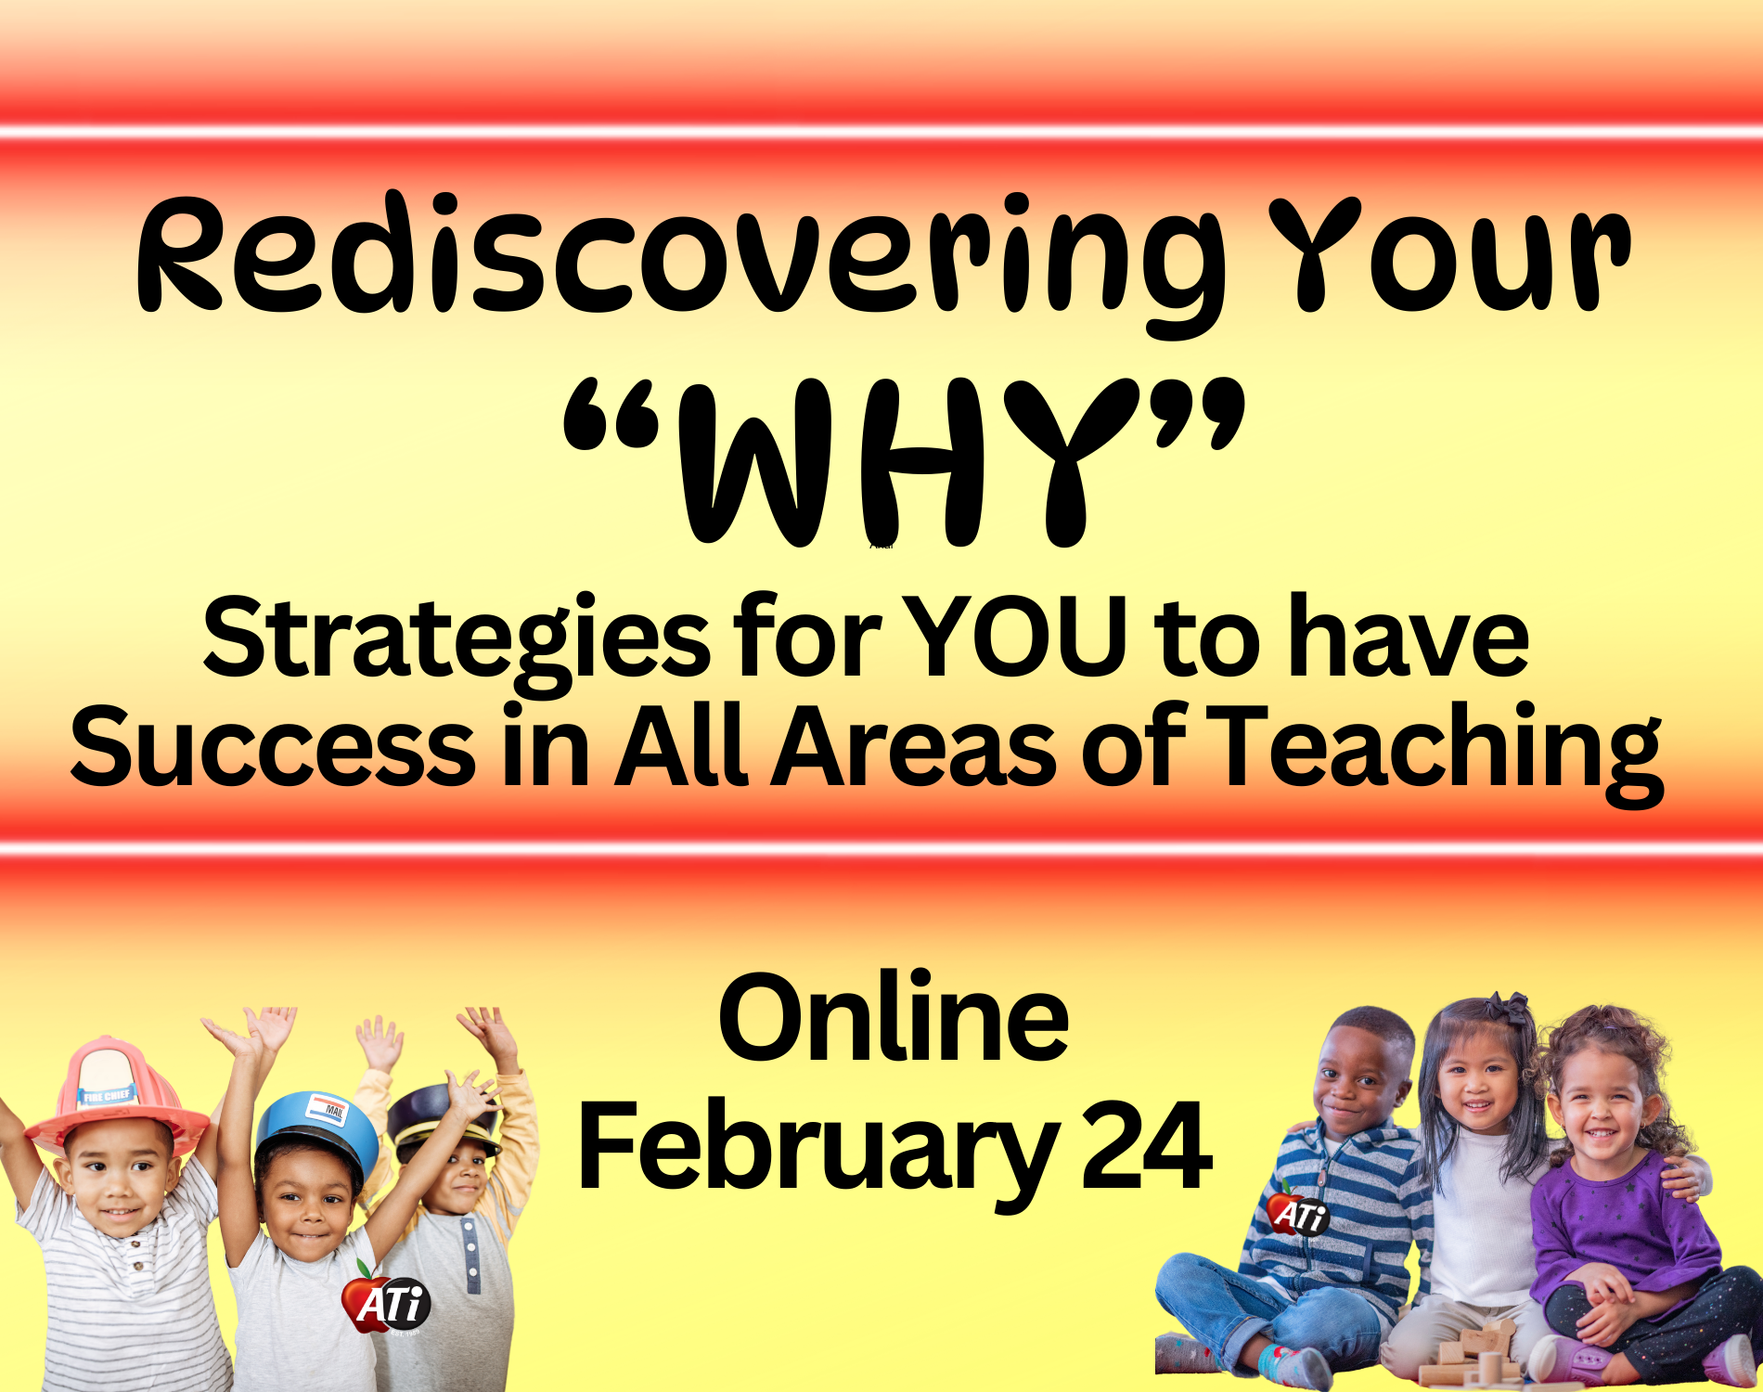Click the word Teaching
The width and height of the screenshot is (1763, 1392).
coord(1437,753)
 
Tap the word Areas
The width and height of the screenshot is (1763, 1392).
coord(913,747)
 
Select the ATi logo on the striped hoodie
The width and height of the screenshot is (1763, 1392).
coord(1299,1212)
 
